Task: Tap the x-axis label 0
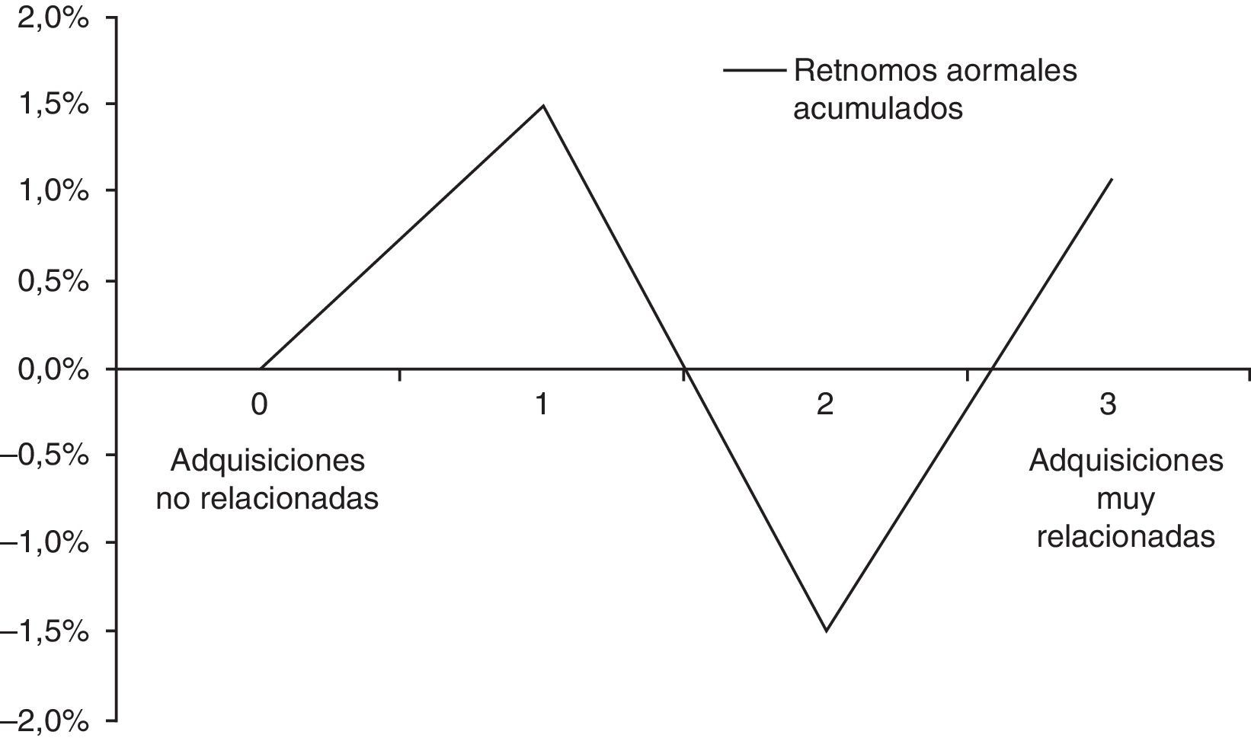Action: [x=260, y=404]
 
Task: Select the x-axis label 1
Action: [x=542, y=404]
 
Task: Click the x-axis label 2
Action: [x=825, y=404]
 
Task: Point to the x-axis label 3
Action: [x=1108, y=404]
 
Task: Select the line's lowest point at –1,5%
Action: [x=827, y=631]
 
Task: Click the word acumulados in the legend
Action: [x=878, y=108]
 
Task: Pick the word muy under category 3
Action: [x=1125, y=500]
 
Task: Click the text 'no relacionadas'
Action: [x=267, y=499]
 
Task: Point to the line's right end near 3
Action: [x=1112, y=179]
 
